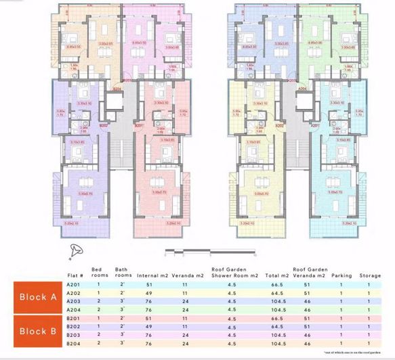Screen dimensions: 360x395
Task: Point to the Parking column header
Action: click(x=341, y=275)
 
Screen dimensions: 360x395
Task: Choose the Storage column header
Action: click(x=369, y=275)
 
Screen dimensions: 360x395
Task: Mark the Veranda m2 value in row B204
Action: click(x=184, y=343)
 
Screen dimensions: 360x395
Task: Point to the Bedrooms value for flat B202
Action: click(x=98, y=327)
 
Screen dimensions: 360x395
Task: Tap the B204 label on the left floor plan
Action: click(x=117, y=89)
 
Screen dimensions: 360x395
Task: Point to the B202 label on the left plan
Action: click(x=104, y=125)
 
